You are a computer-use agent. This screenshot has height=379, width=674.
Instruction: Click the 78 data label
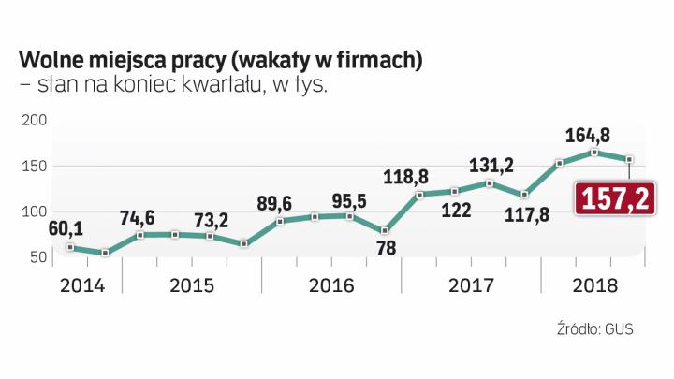click(x=384, y=246)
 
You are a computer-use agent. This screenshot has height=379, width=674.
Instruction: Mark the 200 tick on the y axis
click(x=33, y=122)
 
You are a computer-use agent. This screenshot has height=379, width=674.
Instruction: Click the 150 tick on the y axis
click(x=33, y=167)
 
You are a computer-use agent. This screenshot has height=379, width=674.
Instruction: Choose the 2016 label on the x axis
click(x=331, y=284)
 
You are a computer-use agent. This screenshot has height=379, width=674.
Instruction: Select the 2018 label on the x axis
click(x=593, y=284)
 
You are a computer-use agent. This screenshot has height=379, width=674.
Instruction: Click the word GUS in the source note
click(x=619, y=329)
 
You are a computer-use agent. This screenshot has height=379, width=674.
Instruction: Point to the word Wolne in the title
click(x=50, y=61)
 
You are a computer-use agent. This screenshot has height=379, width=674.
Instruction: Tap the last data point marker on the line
click(x=629, y=160)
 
